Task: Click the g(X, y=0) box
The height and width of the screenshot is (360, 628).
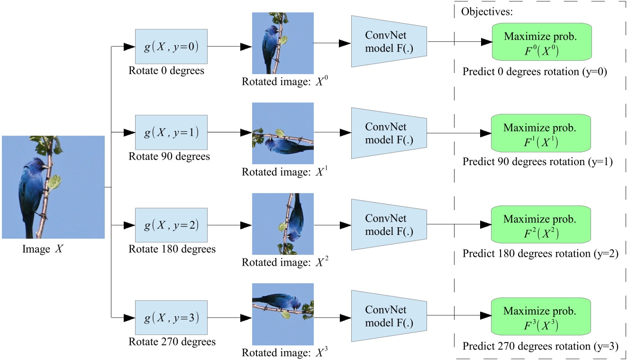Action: (x=171, y=47)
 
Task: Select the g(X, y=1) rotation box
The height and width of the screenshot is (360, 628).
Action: (x=171, y=133)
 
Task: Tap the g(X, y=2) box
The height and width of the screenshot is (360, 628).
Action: (x=171, y=225)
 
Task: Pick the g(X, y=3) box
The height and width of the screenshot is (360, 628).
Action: (x=171, y=317)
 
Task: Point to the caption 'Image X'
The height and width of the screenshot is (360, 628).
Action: (x=42, y=249)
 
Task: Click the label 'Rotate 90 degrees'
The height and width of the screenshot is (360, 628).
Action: (x=169, y=157)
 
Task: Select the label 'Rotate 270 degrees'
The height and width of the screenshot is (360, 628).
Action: (x=172, y=342)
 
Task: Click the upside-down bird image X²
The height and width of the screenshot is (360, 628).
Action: (x=283, y=224)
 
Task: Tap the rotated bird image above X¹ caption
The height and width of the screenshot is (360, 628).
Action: (x=283, y=133)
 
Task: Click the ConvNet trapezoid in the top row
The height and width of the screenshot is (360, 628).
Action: (x=389, y=41)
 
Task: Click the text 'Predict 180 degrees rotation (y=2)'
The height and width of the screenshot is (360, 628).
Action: (x=540, y=254)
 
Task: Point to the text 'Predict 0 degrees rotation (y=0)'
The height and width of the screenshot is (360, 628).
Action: (x=535, y=72)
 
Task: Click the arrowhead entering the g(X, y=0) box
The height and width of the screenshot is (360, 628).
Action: (x=129, y=47)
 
